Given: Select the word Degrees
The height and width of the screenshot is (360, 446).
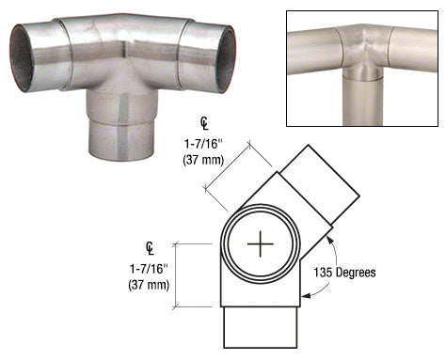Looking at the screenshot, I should [357, 273].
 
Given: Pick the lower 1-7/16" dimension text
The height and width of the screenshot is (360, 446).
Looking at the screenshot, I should [151, 269].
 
